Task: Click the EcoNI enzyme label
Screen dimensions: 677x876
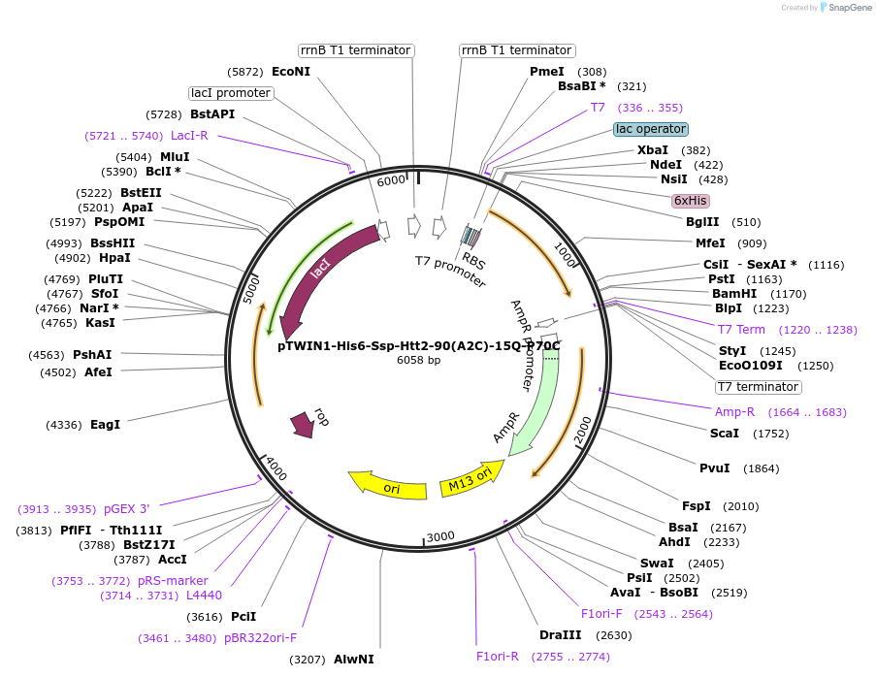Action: pos(291,72)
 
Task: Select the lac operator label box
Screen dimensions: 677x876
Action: pos(651,129)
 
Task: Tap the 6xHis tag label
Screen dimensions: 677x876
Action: pos(691,201)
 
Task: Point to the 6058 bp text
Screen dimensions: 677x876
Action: pos(418,360)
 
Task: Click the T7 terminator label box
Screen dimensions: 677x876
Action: pos(758,387)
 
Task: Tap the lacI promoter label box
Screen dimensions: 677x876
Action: pos(231,93)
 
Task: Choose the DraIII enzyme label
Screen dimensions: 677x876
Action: pos(560,635)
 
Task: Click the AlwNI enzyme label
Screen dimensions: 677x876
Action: pos(353,660)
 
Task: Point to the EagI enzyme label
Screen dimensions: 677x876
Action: pos(105,425)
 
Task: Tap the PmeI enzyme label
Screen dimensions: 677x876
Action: pos(546,72)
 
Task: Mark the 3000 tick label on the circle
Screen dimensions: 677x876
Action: pos(440,536)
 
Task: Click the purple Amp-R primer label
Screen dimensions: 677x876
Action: pos(734,412)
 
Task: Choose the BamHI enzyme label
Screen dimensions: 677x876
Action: pos(733,293)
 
